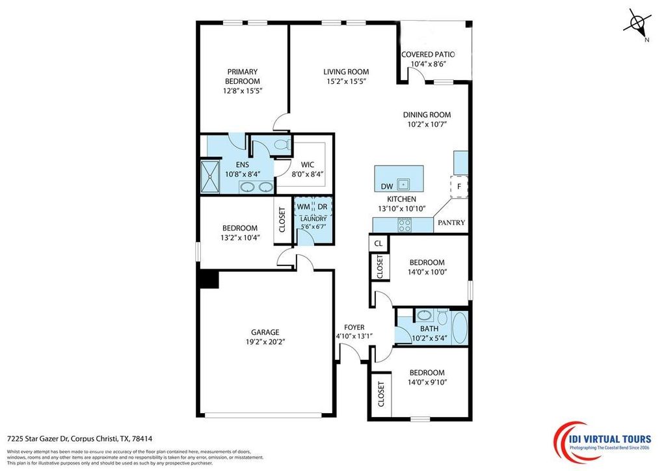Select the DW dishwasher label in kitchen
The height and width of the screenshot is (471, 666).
(x=386, y=187)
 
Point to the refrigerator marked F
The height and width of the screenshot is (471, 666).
(x=459, y=187)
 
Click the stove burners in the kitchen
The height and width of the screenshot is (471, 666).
(x=404, y=226)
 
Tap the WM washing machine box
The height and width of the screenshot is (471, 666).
(x=303, y=206)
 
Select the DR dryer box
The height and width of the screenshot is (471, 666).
(x=322, y=206)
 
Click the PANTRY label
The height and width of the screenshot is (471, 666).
(x=451, y=222)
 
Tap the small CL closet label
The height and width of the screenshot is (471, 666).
(x=378, y=243)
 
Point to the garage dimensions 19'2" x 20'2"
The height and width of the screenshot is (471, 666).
(x=265, y=340)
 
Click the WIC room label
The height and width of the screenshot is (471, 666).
(x=299, y=165)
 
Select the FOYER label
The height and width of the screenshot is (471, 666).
(x=354, y=327)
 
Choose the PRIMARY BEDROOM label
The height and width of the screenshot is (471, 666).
(x=243, y=76)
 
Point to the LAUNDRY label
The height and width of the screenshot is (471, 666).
(x=313, y=219)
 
